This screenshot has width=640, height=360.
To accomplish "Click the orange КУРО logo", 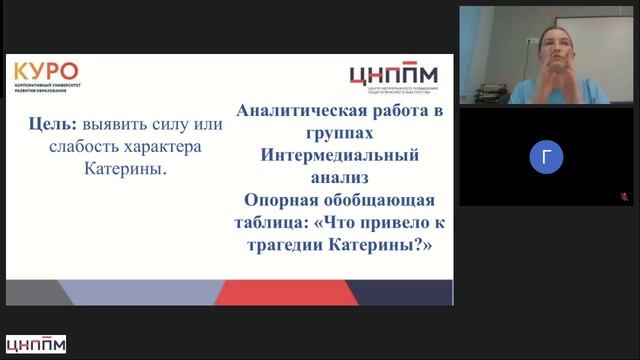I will pyautogui.click(x=45, y=73).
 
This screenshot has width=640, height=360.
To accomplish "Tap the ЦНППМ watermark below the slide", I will pyautogui.click(x=35, y=345).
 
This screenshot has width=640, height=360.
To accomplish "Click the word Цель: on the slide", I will pyautogui.click(x=53, y=126).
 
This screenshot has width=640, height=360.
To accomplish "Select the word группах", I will pyautogui.click(x=342, y=135).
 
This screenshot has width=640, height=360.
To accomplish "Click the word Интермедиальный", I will pyautogui.click(x=342, y=157).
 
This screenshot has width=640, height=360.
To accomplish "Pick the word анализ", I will pyautogui.click(x=342, y=179).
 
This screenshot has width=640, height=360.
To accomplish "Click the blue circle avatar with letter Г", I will pyautogui.click(x=546, y=156).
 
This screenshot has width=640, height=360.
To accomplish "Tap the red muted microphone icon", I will pyautogui.click(x=624, y=198).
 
